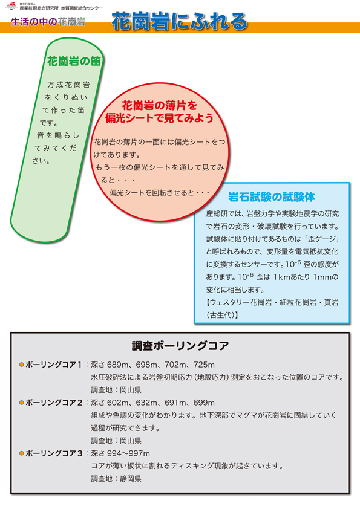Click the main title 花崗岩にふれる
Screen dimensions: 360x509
coord(179,22)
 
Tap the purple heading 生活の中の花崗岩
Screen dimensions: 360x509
coord(48,22)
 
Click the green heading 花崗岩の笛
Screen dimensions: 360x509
coord(74,61)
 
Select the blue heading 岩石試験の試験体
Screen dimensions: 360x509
coord(271,196)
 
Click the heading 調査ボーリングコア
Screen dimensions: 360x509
coord(180,346)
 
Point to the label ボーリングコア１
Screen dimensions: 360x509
coord(54,365)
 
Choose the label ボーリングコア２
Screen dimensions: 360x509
coord(54,403)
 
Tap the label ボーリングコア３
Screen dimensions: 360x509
coord(54,453)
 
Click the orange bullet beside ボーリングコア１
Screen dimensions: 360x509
coord(21,365)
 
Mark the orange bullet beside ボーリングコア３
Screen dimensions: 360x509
coord(21,453)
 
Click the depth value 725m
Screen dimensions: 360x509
coord(204,365)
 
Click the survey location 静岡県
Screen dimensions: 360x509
coord(131,479)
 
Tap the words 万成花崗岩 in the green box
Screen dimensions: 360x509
coord(68,85)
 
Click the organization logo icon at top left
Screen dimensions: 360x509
coord(11,6)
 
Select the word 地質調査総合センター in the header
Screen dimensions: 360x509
coord(82,8)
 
